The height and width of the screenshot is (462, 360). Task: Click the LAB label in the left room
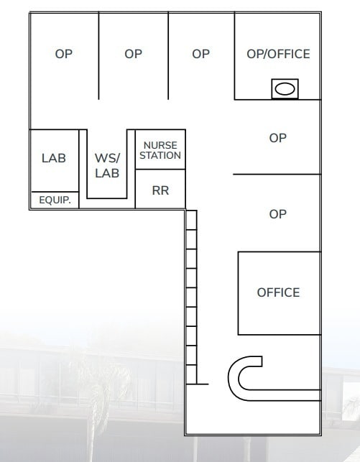(54, 158)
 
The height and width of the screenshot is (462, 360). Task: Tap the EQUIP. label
(55, 201)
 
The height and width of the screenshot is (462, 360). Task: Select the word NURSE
(160, 146)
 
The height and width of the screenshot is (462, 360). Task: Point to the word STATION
(160, 155)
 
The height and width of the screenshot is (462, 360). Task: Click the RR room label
(160, 190)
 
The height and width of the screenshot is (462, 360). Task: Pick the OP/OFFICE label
(278, 54)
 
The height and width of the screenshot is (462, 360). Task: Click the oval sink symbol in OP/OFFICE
(285, 89)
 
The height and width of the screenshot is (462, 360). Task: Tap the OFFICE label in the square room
(278, 292)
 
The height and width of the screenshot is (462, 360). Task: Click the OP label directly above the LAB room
(64, 54)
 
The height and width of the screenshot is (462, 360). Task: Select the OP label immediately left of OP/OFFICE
(201, 54)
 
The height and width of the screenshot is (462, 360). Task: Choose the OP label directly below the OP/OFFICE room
(277, 138)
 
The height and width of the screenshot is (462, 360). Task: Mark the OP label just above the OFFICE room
(277, 214)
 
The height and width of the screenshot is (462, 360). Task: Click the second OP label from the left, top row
(133, 54)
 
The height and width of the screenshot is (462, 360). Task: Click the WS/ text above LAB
(106, 157)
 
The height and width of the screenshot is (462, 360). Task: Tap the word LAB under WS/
(106, 173)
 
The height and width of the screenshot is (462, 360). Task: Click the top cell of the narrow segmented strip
(191, 219)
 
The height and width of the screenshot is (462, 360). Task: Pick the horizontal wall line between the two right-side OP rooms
(277, 174)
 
